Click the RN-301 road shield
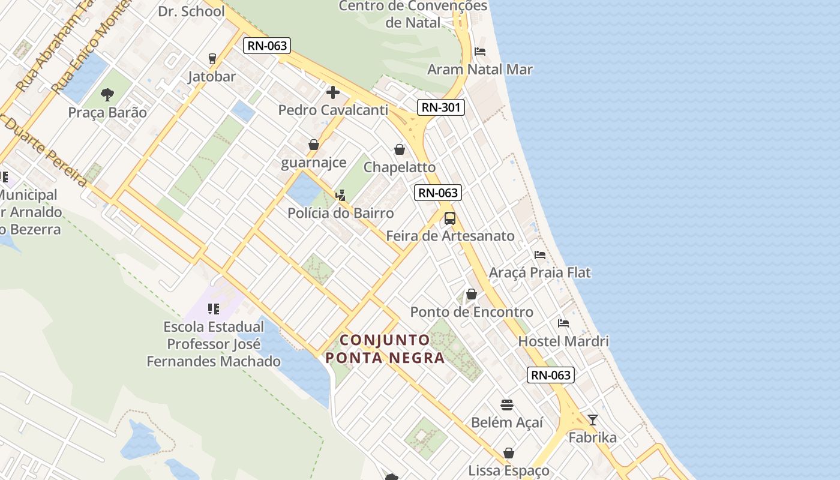441,107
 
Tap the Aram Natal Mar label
479,69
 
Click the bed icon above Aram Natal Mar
480,51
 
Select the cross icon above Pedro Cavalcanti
333,92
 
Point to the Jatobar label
212,76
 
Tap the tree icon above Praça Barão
107,94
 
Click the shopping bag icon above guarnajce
313,145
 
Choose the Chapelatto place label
400,167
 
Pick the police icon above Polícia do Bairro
340,195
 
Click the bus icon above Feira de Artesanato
450,218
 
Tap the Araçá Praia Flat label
540,272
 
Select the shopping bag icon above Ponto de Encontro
472,294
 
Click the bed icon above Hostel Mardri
563,323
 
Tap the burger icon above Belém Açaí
507,404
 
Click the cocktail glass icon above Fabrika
593,420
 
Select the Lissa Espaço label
508,470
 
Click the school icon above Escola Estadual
214,309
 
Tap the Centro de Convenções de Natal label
413,14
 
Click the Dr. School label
191,11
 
